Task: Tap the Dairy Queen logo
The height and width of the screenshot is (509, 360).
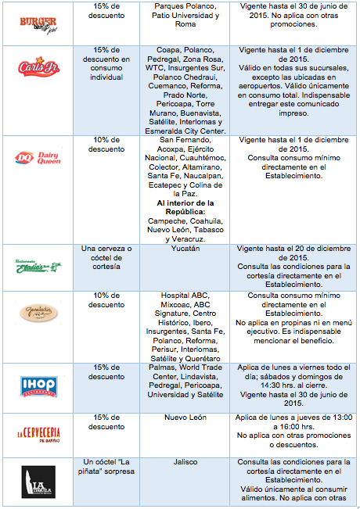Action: [39, 159]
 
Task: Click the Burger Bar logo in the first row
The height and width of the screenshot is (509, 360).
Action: [39, 21]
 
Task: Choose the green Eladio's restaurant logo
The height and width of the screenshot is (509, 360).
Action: [39, 266]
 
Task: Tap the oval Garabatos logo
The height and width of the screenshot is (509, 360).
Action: [39, 312]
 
